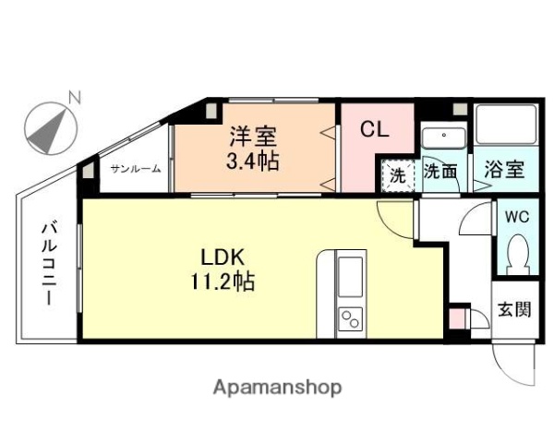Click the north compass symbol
tap(47, 129)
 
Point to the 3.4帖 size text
tap(253, 161)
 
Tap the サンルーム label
tap(136, 169)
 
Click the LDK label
tap(222, 256)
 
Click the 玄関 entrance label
tap(514, 309)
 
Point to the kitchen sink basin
tap(351, 275)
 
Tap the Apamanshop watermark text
tap(276, 388)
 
